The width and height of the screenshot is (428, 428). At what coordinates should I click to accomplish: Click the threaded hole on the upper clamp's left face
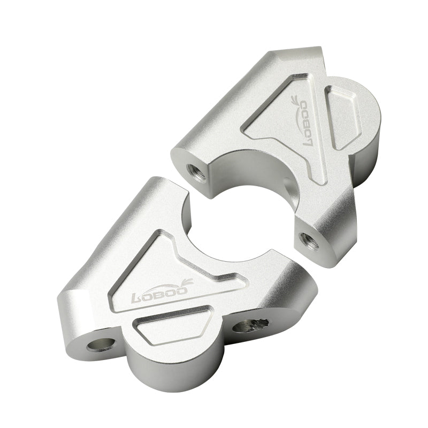pyautogui.click(x=193, y=171)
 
